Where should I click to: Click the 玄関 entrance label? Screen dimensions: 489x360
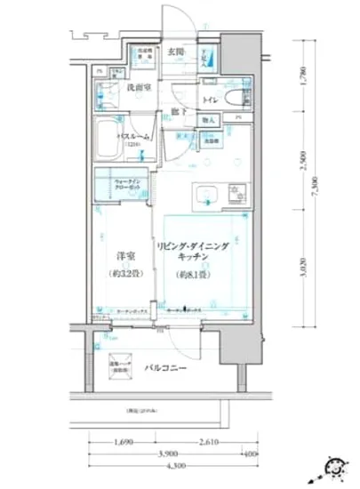(x=176, y=52)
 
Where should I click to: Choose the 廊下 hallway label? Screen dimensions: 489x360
(x=178, y=113)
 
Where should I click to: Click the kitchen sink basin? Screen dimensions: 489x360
(x=203, y=193)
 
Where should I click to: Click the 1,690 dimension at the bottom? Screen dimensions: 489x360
(x=126, y=442)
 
